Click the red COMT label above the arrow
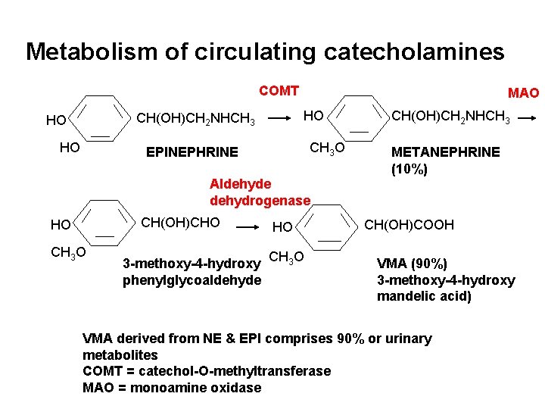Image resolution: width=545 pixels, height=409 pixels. coord(279,92)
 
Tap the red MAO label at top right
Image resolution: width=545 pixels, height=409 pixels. coord(523,93)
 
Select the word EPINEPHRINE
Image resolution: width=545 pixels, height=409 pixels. coord(192,152)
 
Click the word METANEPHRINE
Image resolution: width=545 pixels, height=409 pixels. coord(445,151)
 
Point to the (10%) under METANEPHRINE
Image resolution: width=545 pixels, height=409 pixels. coord(410,169)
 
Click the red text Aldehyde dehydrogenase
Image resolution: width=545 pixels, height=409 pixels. coord(260,192)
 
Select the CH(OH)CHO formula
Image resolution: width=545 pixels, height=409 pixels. coord(181,222)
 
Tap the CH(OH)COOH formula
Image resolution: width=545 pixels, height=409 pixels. coord(410,224)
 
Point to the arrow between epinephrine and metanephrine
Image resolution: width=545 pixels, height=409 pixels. coord(282,118)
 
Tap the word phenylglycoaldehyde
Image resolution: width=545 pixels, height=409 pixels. coord(192,280)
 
